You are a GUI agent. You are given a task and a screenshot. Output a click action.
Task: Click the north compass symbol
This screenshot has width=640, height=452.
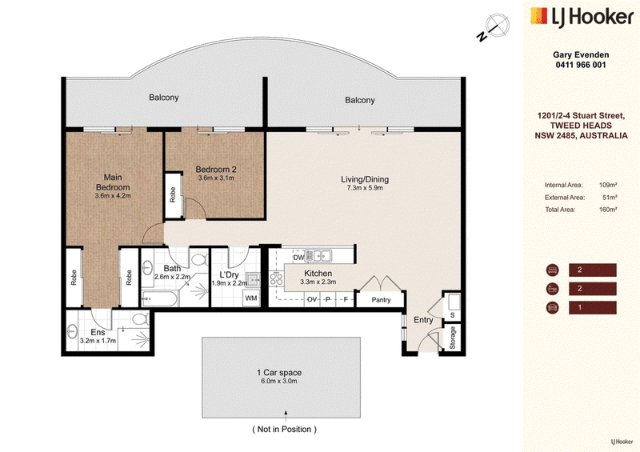(x=494, y=27)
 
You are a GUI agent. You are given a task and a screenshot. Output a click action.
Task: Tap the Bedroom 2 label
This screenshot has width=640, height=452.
(x=216, y=169)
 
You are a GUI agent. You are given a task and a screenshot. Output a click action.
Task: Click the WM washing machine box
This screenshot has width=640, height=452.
(x=251, y=298)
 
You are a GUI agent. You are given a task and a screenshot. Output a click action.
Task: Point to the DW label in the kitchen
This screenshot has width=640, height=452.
(x=298, y=258)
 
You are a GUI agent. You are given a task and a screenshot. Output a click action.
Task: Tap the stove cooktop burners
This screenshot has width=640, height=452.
(x=276, y=278)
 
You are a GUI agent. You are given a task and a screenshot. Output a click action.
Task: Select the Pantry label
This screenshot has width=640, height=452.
(x=381, y=300)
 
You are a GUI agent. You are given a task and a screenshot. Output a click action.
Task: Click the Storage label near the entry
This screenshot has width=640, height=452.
(x=452, y=338)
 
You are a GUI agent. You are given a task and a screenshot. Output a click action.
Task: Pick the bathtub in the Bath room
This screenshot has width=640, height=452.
(x=159, y=299)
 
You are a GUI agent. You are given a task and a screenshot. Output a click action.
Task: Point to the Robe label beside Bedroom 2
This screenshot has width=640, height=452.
(x=173, y=194)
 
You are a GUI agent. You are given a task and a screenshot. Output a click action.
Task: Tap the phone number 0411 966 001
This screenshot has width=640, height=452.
(x=581, y=65)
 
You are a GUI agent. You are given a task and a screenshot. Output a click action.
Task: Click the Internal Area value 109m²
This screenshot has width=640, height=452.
(x=608, y=185)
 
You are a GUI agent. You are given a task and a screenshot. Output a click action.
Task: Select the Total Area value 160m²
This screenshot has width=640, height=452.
(x=608, y=210)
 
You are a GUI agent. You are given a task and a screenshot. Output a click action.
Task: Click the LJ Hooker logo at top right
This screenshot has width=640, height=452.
(x=582, y=17)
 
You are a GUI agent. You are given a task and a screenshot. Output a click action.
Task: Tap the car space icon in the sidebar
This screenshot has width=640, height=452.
(x=552, y=307)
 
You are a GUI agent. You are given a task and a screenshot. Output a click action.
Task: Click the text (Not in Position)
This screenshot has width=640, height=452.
(x=285, y=429)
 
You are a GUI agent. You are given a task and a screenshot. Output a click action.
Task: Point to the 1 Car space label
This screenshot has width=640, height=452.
(x=279, y=372)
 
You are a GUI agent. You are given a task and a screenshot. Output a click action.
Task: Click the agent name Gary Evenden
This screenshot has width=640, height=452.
(x=581, y=54)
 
